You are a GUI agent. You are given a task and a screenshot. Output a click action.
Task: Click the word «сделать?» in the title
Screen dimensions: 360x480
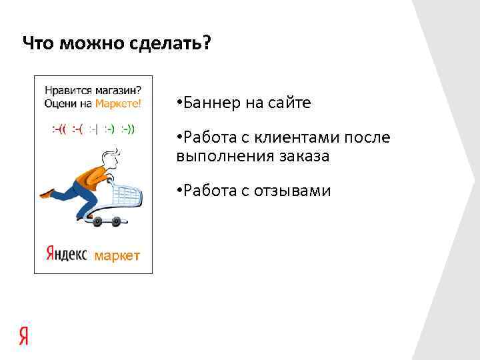173,44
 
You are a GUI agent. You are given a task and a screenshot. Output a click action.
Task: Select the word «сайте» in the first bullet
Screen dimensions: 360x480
289,103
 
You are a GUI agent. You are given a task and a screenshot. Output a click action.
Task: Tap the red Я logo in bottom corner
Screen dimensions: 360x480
24,336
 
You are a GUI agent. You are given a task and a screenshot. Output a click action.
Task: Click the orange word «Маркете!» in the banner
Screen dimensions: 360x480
118,103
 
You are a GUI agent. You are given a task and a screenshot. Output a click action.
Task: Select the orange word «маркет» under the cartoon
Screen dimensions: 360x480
117,255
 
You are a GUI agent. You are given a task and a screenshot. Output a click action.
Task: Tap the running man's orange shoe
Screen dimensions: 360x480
46,193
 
